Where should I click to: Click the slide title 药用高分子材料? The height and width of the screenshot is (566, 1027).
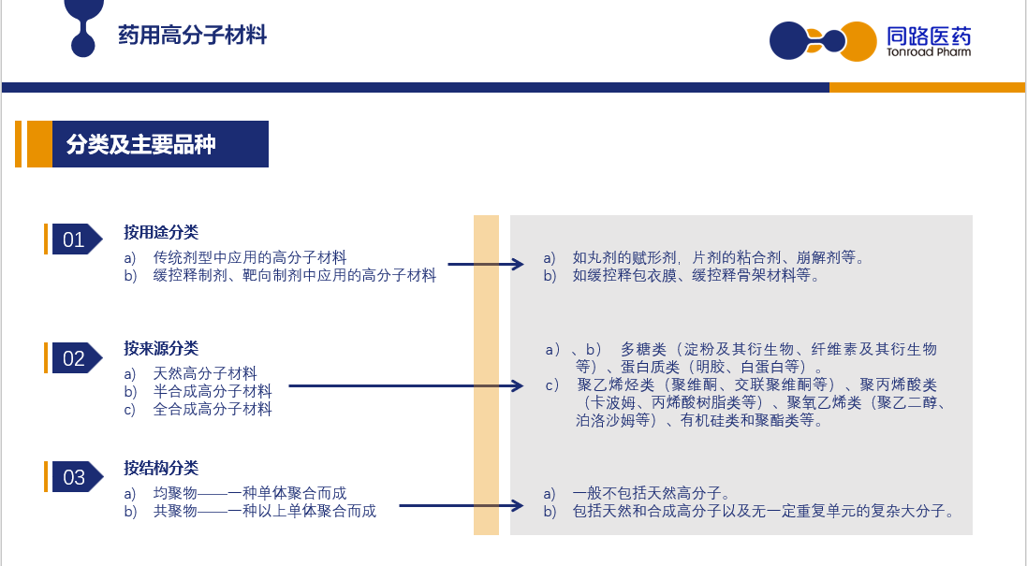tap(193, 35)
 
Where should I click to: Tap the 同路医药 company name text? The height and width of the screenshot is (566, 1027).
tap(929, 36)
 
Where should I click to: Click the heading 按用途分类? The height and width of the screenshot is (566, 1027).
tap(161, 232)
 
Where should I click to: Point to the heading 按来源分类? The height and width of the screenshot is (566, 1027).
tap(161, 348)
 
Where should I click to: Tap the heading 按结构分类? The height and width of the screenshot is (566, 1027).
tap(161, 468)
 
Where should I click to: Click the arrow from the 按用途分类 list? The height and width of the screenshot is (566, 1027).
tap(486, 265)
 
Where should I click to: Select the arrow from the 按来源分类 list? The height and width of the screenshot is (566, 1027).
tap(406, 386)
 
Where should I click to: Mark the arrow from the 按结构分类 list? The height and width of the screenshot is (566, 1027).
tap(462, 505)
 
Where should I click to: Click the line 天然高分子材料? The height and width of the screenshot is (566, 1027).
tap(204, 373)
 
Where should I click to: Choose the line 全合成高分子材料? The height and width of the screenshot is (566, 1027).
tap(213, 410)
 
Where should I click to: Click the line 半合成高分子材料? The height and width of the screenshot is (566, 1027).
tap(213, 391)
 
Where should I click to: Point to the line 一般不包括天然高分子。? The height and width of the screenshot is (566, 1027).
tap(651, 493)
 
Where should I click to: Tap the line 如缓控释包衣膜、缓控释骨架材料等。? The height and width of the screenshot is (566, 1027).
tap(697, 275)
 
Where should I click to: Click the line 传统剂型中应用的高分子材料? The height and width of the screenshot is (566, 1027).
tap(250, 258)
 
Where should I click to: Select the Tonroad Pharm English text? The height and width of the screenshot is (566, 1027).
tap(929, 52)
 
